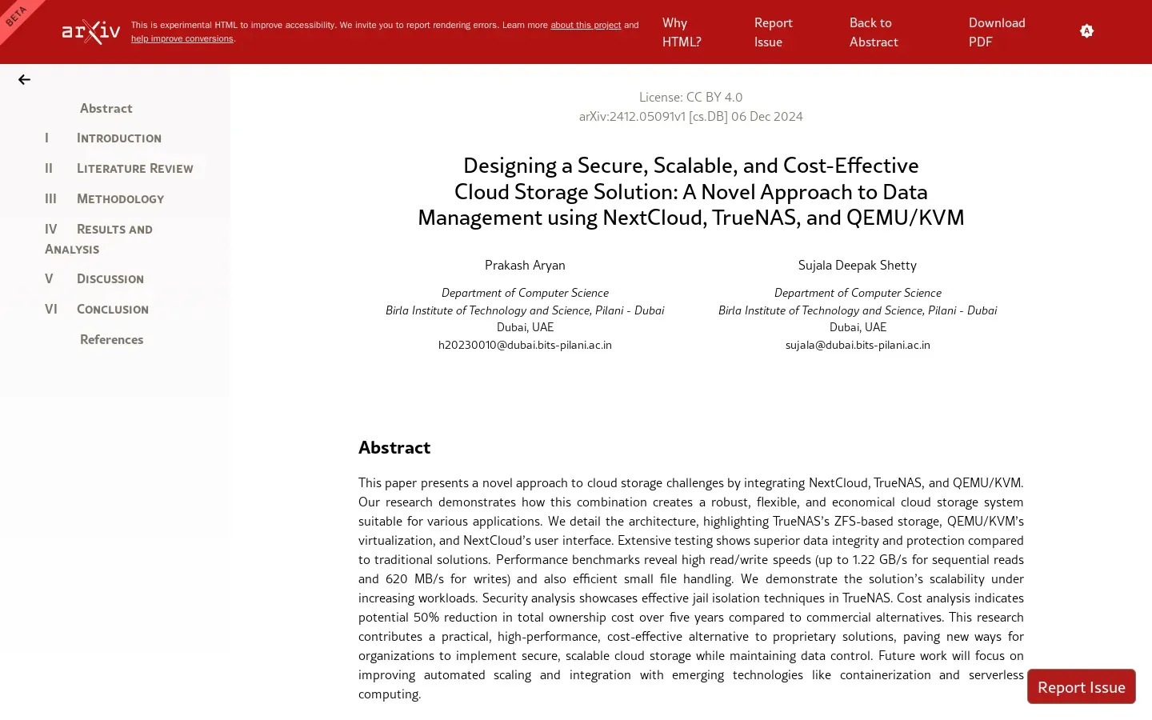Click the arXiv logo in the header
[x=91, y=32]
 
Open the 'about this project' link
[x=585, y=26]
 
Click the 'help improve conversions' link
[x=182, y=39]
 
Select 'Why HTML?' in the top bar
[x=681, y=32]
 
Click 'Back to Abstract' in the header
[x=873, y=32]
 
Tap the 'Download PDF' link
[x=996, y=32]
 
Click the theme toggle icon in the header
[x=1086, y=31]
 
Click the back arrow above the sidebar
[x=24, y=80]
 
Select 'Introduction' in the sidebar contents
[x=118, y=138]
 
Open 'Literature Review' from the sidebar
[x=134, y=169]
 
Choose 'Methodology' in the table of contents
[x=120, y=199]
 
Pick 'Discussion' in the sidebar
[x=110, y=279]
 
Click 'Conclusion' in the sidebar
[x=112, y=310]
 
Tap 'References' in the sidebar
[x=111, y=340]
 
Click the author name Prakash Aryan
[x=525, y=266]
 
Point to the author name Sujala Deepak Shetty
[x=857, y=266]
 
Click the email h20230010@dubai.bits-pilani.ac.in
[x=525, y=346]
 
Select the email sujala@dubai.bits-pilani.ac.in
[x=857, y=346]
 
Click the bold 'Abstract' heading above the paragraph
[x=394, y=448]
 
